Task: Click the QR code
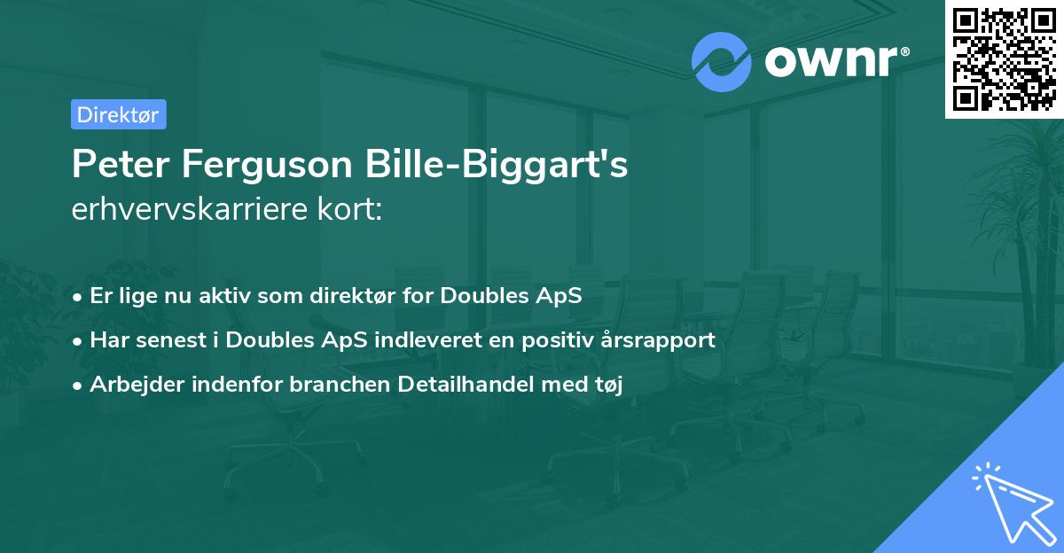point(1004,59)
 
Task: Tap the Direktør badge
point(118,114)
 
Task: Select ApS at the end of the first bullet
point(561,295)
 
